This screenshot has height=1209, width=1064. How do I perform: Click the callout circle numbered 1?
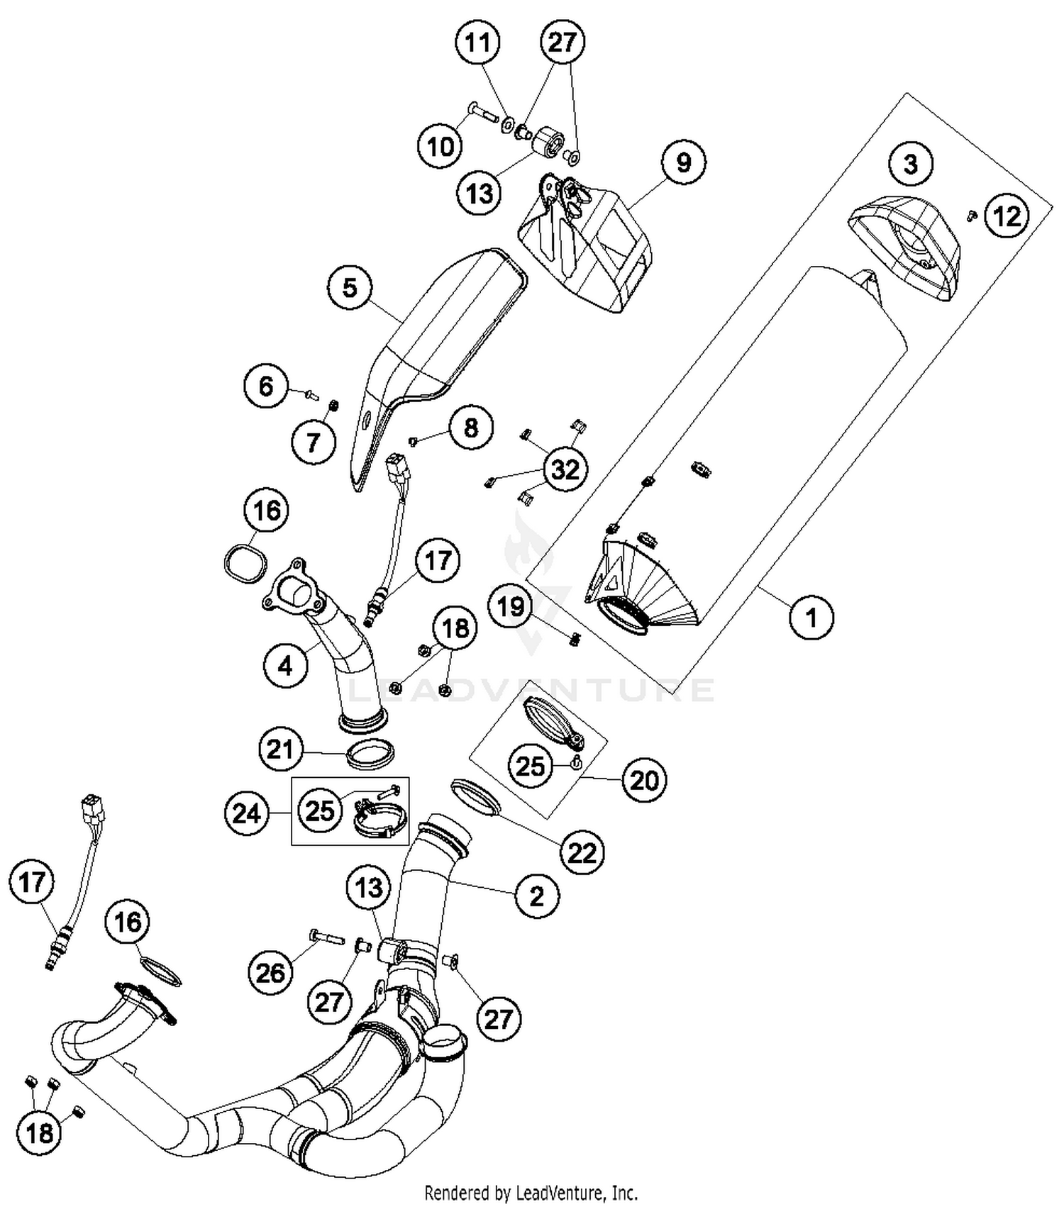811,617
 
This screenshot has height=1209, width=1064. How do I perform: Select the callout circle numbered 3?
910,165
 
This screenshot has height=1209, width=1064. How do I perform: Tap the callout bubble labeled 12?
1007,216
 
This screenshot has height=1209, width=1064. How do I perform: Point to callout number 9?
683,163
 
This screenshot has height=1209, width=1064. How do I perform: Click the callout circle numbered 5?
350,288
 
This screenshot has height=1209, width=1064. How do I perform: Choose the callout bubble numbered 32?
565,469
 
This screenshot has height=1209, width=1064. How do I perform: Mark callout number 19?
511,606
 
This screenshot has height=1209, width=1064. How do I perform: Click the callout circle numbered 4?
285,666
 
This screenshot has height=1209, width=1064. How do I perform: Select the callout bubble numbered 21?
279,749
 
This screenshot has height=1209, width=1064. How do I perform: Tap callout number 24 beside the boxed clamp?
246,813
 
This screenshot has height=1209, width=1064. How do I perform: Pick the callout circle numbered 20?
644,781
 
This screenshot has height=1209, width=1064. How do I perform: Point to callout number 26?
270,973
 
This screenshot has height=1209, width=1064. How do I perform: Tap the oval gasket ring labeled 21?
370,754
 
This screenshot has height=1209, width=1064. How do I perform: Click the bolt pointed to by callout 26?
326,937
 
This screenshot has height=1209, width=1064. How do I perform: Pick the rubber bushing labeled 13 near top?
547,140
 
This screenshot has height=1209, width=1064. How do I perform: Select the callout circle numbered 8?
471,428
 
